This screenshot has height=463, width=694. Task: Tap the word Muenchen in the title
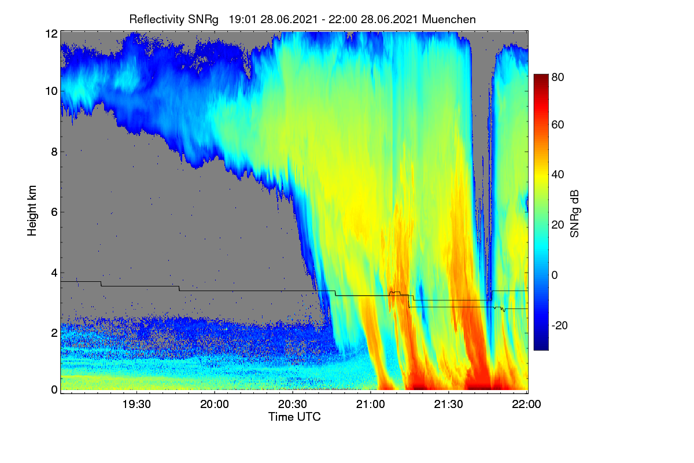[x=449, y=19]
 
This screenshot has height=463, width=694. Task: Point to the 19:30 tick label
[x=136, y=404]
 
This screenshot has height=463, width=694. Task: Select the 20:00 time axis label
[x=215, y=404]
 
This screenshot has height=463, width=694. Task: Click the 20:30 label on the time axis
[x=292, y=404]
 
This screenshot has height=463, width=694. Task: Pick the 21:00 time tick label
[x=370, y=404]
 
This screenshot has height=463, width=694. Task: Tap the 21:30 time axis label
[x=448, y=404]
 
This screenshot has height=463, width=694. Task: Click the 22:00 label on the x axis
[x=526, y=404]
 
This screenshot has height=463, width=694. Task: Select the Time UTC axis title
[x=294, y=417]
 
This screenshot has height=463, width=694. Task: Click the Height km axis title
[x=32, y=211]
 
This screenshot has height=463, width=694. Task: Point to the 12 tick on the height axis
[x=51, y=34]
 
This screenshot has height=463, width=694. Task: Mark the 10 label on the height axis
[x=51, y=91]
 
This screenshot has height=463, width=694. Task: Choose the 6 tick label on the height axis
[x=54, y=212]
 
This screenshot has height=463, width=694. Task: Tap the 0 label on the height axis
[x=54, y=389]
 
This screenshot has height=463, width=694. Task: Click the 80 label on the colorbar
[x=558, y=77]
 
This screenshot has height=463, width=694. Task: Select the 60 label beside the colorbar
[x=558, y=124]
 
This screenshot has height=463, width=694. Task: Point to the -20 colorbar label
[x=560, y=325]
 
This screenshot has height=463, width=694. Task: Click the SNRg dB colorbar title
[x=575, y=214]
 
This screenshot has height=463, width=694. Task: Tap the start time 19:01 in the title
[x=242, y=20]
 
